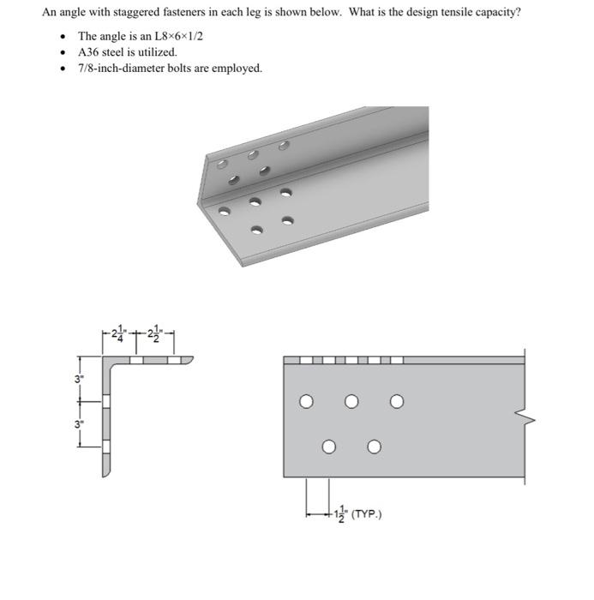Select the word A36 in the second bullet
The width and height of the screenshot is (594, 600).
coord(88,52)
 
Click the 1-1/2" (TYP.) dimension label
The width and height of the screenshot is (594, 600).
coord(355,514)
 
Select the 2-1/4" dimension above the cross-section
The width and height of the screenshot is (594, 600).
coord(120,334)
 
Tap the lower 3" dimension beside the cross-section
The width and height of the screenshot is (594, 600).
coord(78,423)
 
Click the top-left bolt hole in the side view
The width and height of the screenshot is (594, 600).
coord(306,400)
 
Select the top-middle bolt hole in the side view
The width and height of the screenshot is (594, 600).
coord(351,400)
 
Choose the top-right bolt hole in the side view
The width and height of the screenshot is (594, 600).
coord(396,400)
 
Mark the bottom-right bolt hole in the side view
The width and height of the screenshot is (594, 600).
coord(374,447)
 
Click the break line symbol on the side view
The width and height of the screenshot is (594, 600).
coord(523,417)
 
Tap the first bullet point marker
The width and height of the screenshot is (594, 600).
coord(63,37)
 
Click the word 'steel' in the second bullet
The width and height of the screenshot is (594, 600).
coord(117,52)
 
